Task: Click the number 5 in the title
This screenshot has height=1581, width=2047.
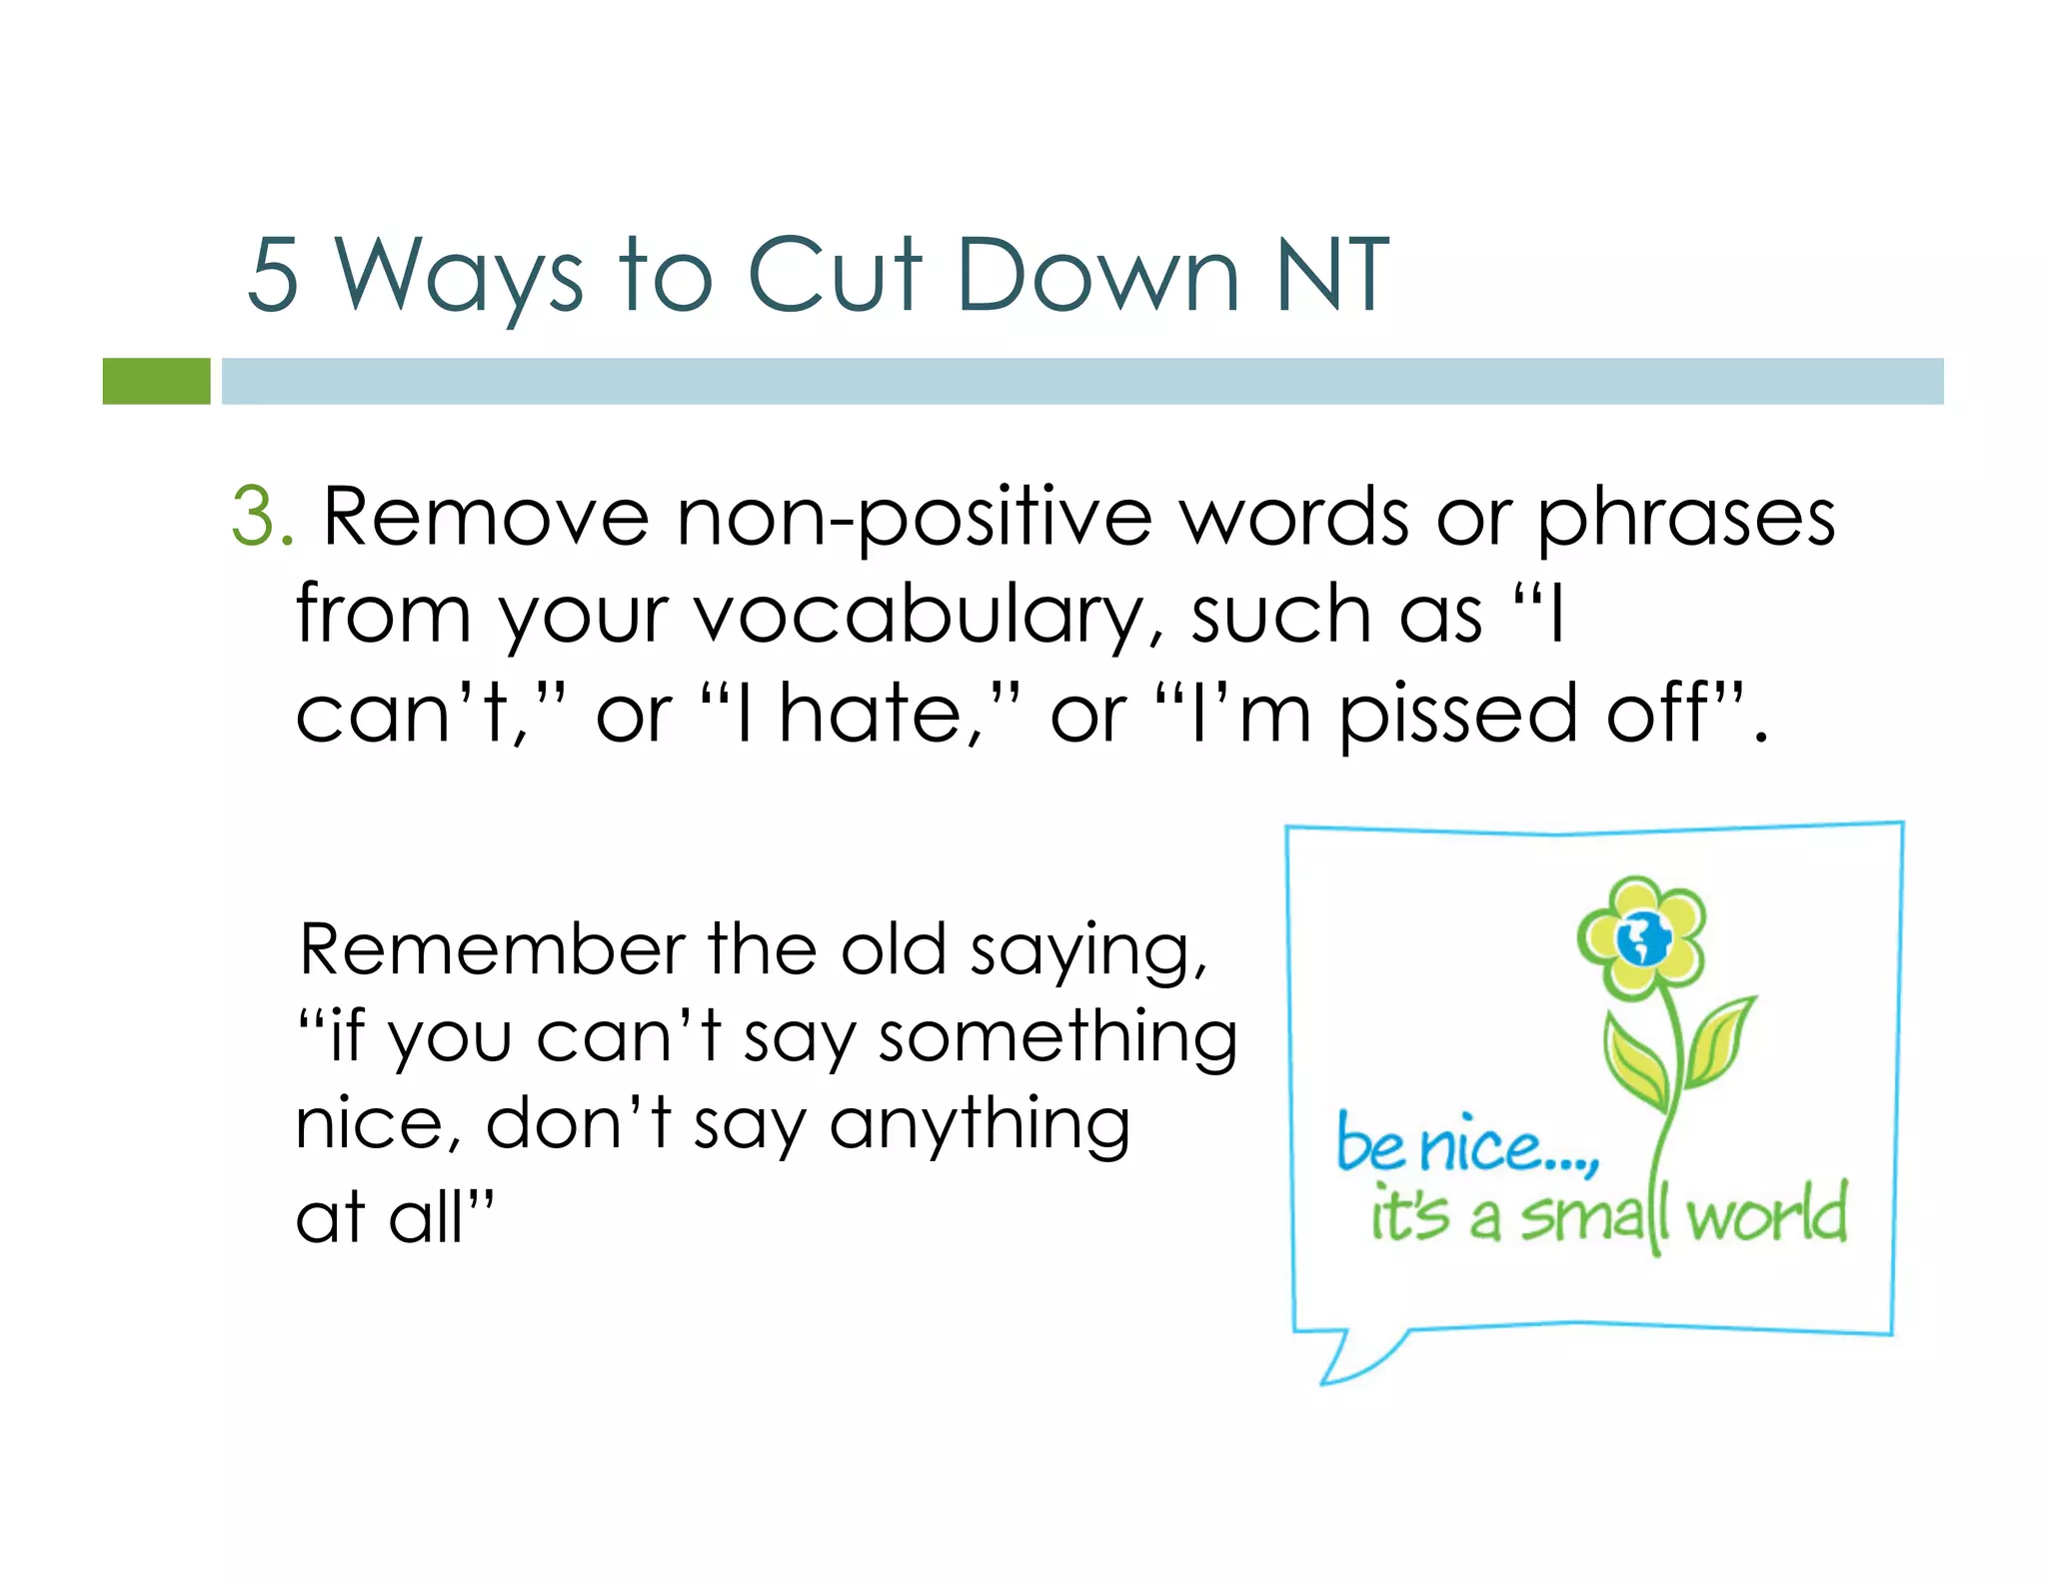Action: [x=273, y=275]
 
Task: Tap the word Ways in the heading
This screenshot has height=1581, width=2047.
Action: [x=458, y=277]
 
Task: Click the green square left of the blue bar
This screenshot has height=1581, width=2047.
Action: [x=156, y=381]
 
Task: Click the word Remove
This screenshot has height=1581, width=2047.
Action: [x=486, y=518]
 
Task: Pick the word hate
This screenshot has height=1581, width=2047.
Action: [x=870, y=714]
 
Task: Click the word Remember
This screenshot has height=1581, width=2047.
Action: [x=493, y=949]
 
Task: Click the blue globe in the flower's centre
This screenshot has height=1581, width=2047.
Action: [x=1642, y=938]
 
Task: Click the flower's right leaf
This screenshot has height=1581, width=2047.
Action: [x=1716, y=1041]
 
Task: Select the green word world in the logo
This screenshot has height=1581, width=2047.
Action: [x=1766, y=1213]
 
